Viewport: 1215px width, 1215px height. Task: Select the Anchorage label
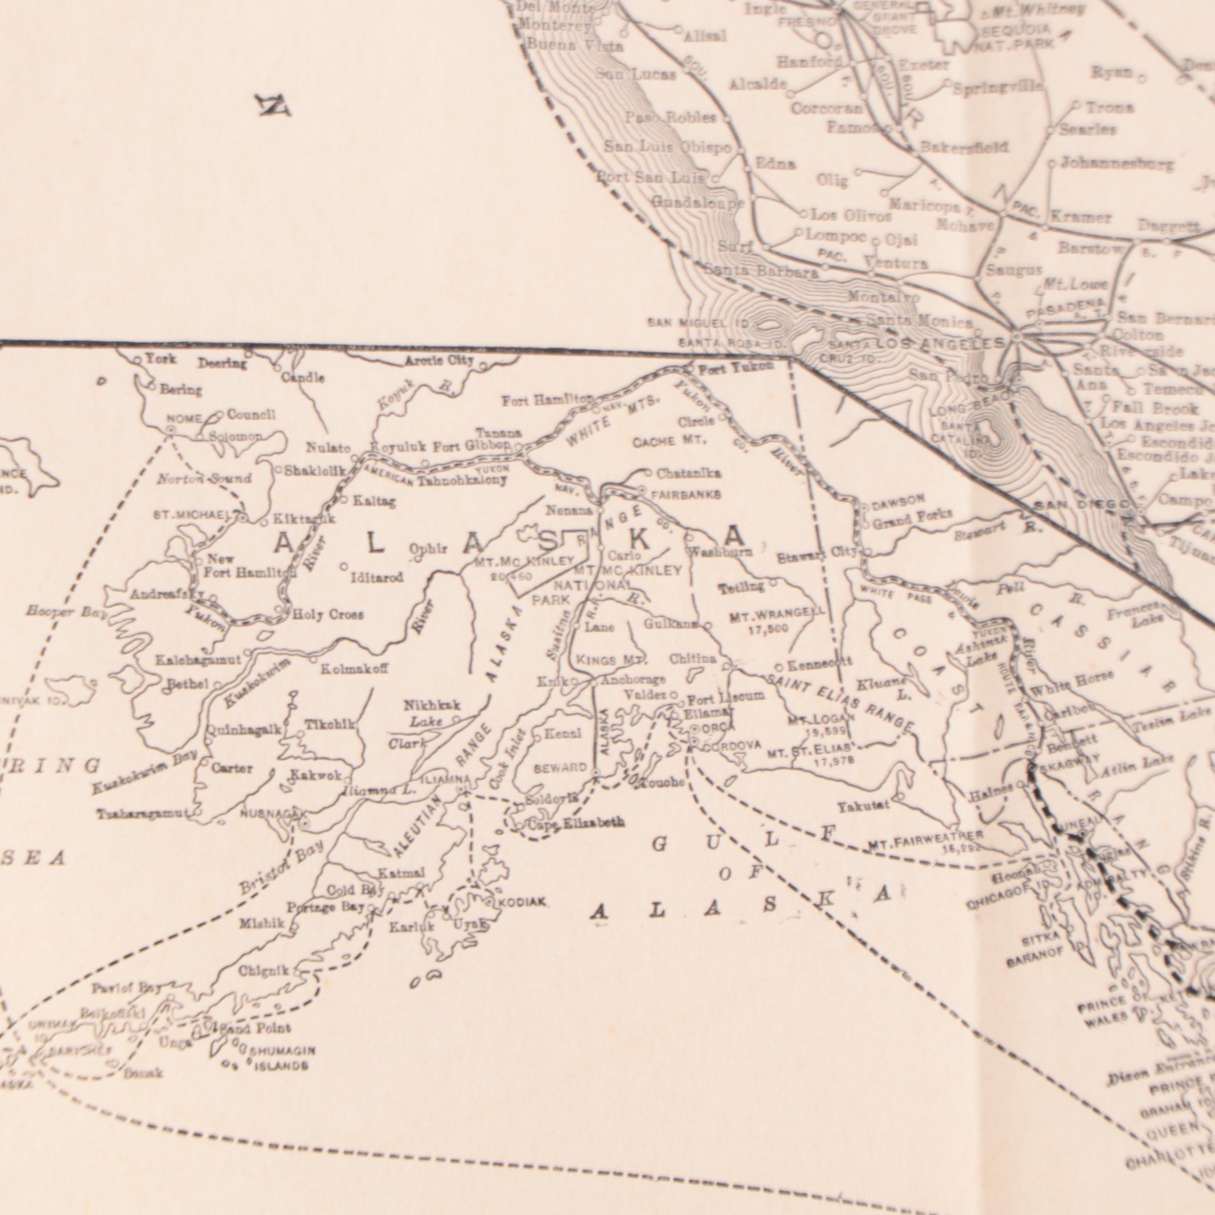(633, 680)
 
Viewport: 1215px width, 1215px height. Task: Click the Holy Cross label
(328, 615)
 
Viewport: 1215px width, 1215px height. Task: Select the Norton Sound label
(204, 478)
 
